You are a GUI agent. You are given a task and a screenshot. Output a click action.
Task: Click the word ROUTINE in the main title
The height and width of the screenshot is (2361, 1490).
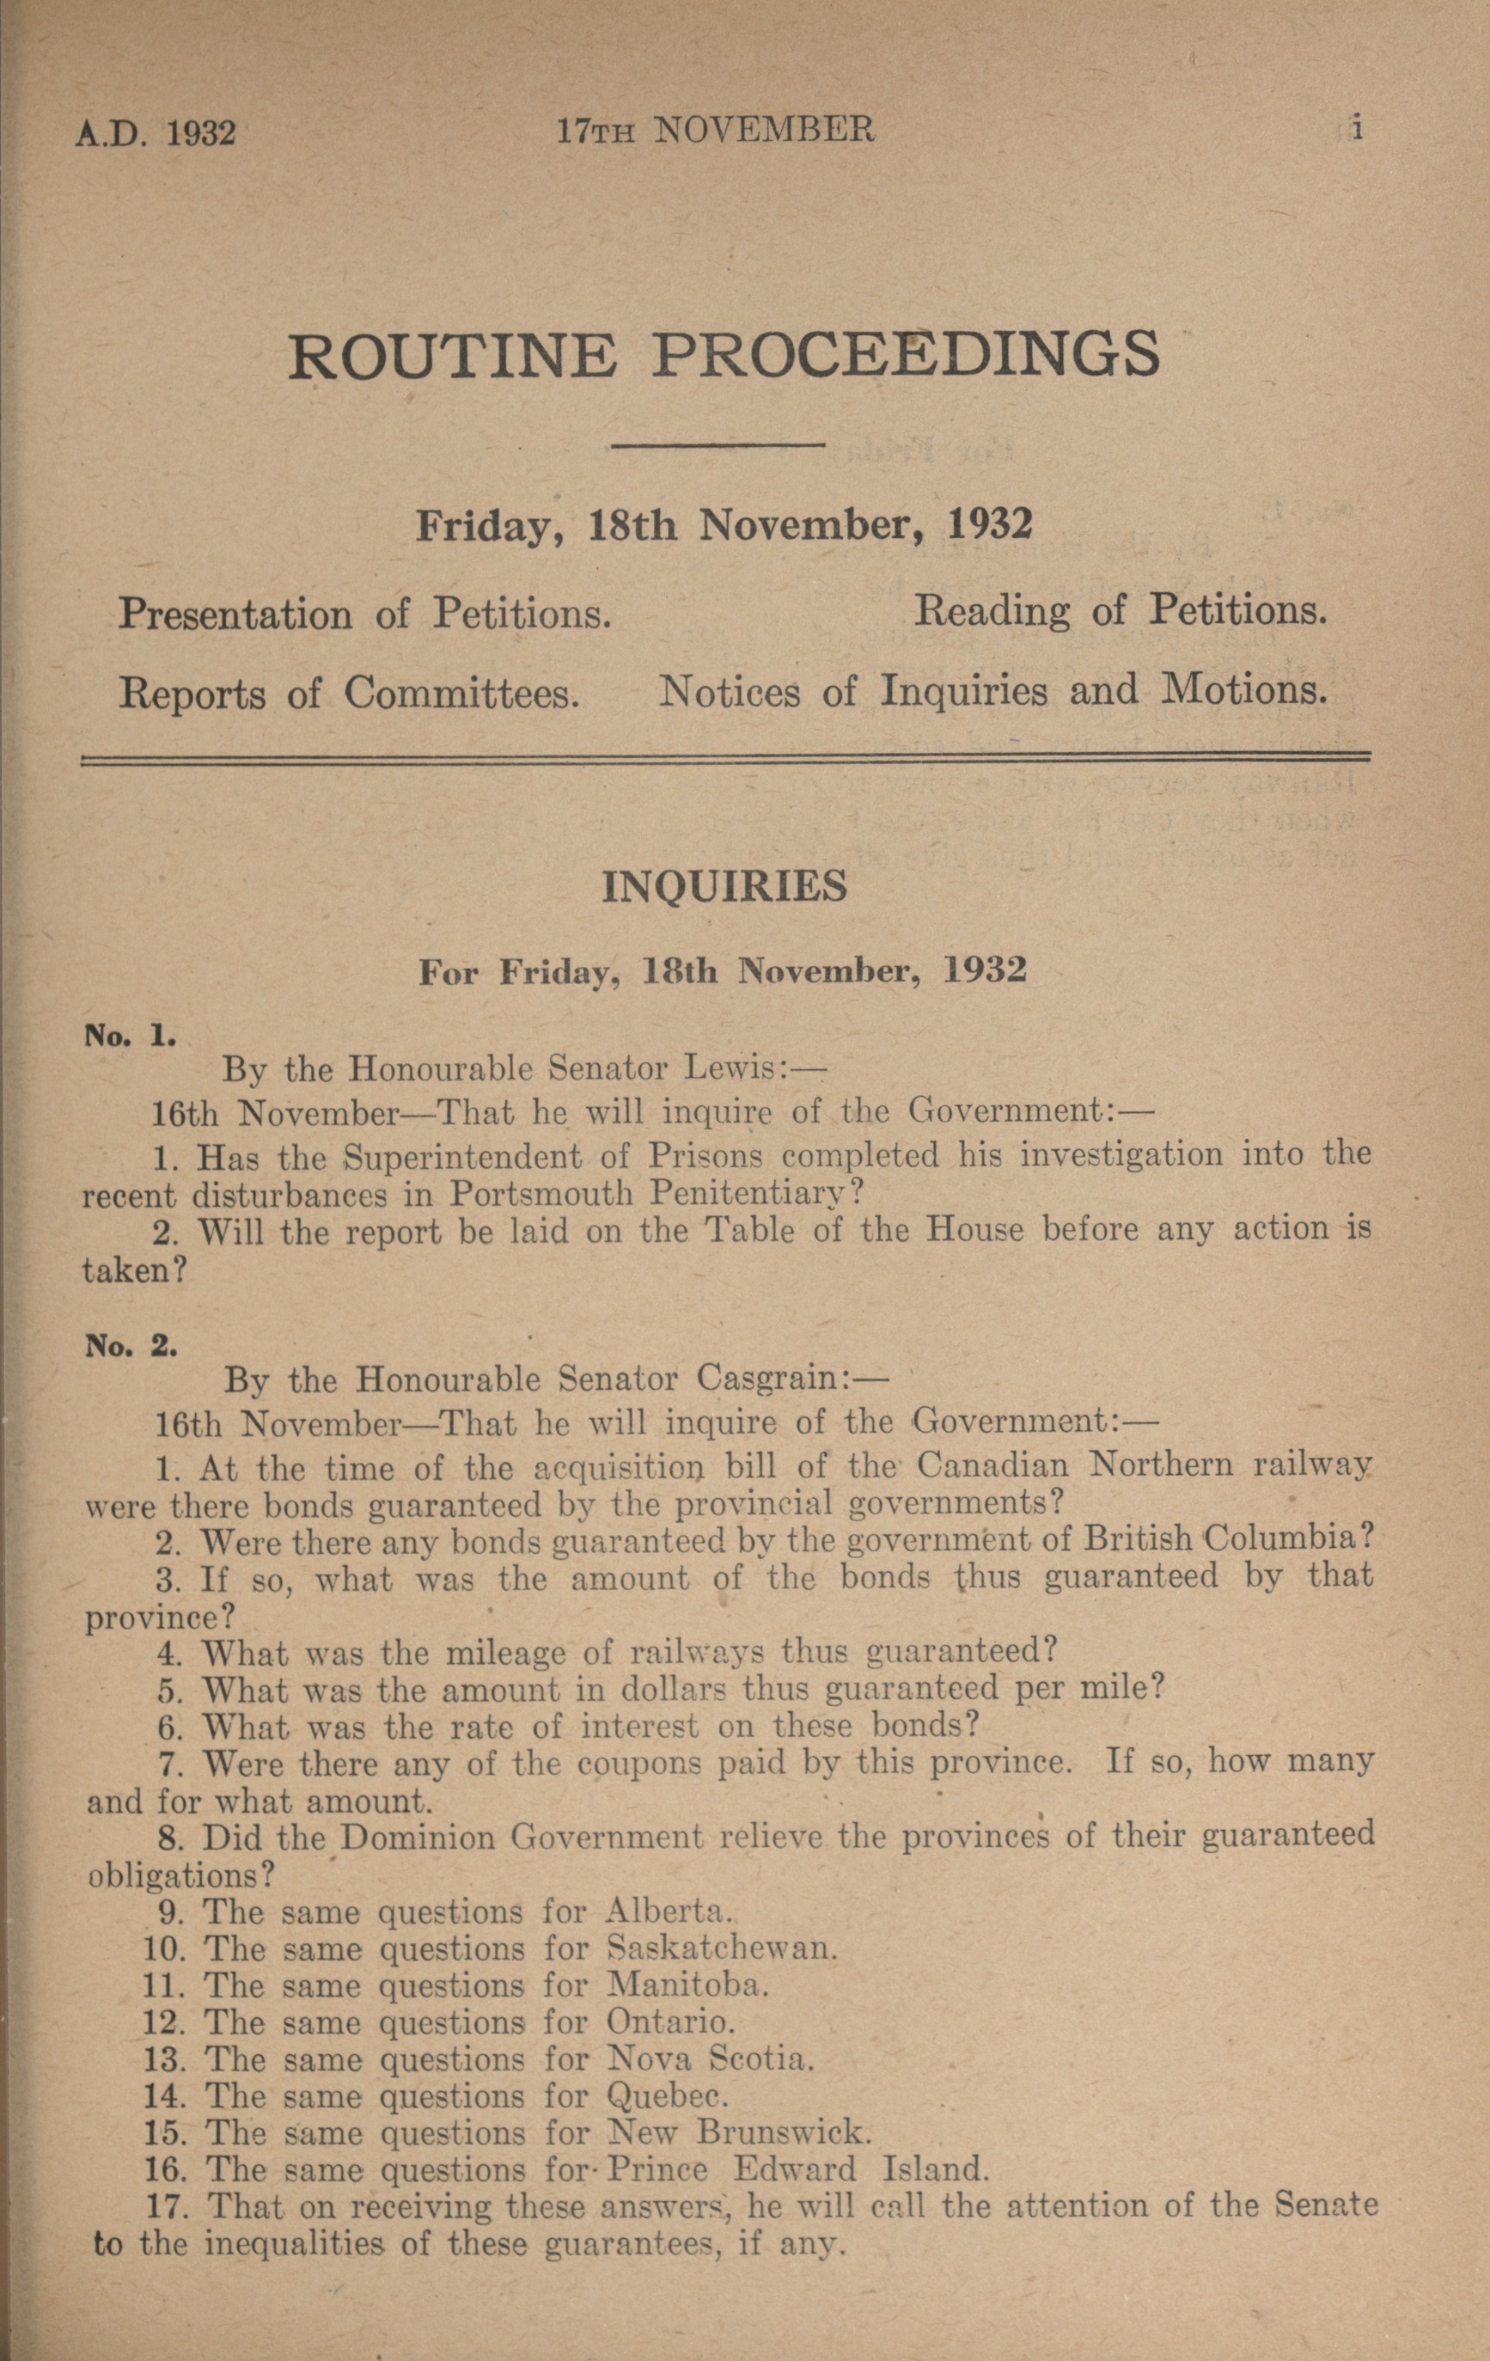point(453,356)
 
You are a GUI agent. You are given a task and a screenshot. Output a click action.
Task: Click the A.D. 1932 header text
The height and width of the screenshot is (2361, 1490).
point(155,133)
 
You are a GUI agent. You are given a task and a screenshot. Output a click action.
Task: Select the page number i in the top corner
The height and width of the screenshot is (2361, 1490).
point(1358,127)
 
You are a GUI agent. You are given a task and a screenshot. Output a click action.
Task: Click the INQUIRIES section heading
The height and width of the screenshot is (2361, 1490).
point(724,886)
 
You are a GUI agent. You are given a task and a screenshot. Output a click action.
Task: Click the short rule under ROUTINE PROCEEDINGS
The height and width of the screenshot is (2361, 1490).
point(717,446)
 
